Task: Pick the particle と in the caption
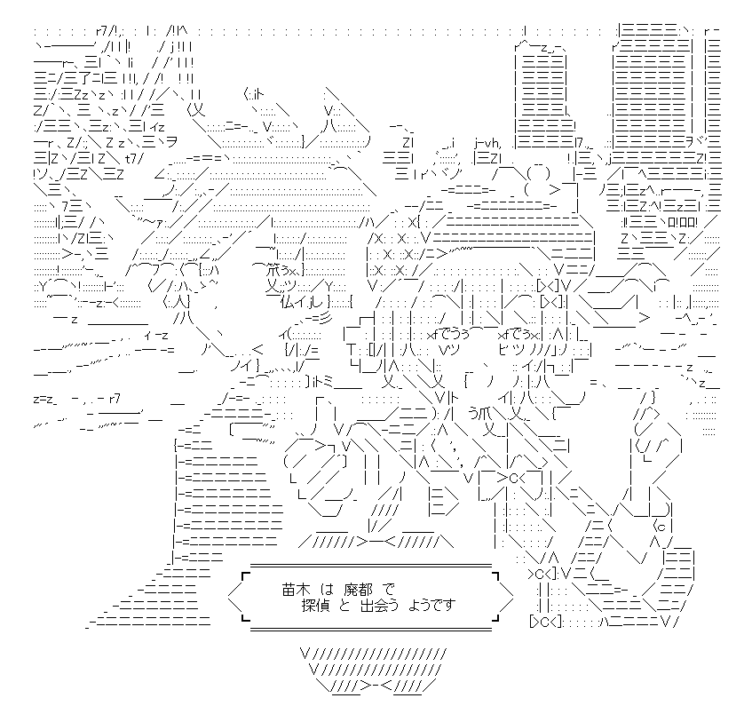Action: pyautogui.click(x=344, y=606)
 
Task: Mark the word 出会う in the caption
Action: pyautogui.click(x=379, y=606)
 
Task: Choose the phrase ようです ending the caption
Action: pyautogui.click(x=431, y=606)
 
